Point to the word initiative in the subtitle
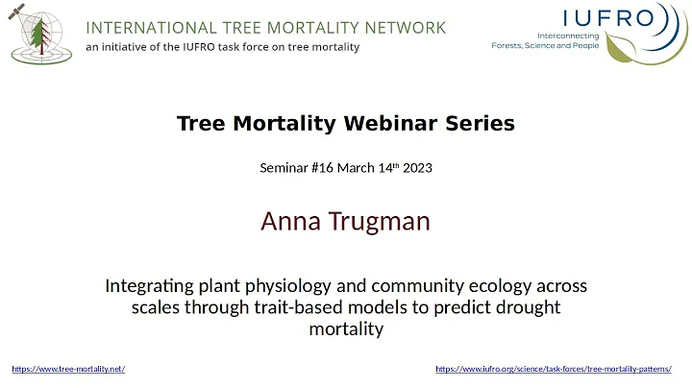point(134,48)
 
